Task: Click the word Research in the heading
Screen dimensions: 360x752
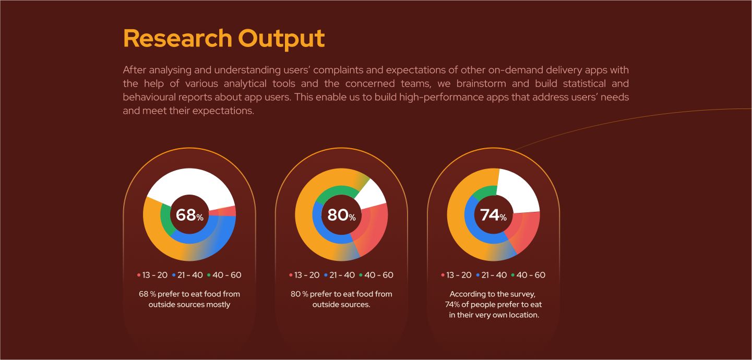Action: click(177, 39)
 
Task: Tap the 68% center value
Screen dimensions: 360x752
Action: click(189, 215)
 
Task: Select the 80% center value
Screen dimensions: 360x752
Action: click(341, 215)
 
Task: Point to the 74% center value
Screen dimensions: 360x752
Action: click(493, 214)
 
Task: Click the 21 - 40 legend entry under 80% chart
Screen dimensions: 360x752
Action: click(342, 275)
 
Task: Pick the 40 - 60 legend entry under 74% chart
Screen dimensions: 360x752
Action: click(531, 275)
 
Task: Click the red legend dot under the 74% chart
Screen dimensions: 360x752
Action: click(443, 275)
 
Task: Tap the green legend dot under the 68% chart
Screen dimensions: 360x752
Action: click(209, 275)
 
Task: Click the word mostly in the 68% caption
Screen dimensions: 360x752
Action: click(218, 304)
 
